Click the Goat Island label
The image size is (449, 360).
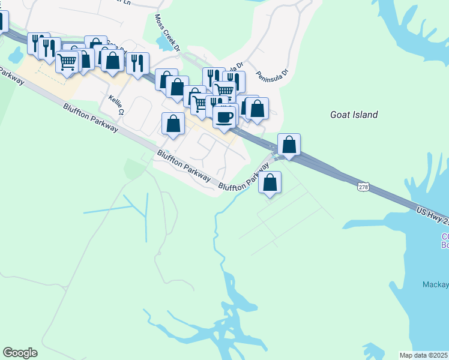pyautogui.click(x=354, y=115)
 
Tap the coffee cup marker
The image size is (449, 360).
pyautogui.click(x=225, y=116)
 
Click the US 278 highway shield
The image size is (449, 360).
pyautogui.click(x=363, y=187)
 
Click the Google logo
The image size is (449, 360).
pyautogui.click(x=20, y=353)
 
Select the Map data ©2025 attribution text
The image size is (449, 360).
pyautogui.click(x=423, y=355)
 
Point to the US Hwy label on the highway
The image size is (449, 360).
pyautogui.click(x=432, y=216)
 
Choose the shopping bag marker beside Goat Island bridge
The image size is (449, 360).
pyautogui.click(x=289, y=145)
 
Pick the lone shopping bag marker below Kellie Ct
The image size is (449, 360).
pyautogui.click(x=173, y=124)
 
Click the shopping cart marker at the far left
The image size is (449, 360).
pyautogui.click(x=67, y=61)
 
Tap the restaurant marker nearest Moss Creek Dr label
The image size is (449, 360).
pyautogui.click(x=137, y=62)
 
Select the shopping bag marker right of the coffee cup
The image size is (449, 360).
pyautogui.click(x=257, y=109)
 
